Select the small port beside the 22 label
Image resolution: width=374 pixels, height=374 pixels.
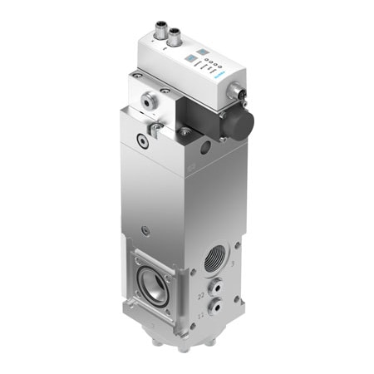[x=215, y=290]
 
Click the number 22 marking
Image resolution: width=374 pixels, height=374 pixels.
[x=202, y=296]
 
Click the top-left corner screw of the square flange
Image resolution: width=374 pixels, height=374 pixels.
[x=134, y=258]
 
